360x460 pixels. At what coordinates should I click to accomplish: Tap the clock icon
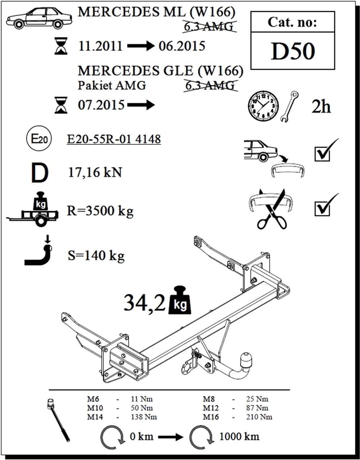(263, 106)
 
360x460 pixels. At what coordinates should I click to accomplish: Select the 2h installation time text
(321, 107)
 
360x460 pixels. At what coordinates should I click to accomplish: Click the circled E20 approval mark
(39, 139)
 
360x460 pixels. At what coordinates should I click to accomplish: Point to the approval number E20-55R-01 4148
(114, 139)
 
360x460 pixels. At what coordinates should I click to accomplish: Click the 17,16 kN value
(95, 172)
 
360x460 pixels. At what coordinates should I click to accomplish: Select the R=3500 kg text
(100, 211)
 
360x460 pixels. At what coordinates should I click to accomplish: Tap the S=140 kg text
(96, 255)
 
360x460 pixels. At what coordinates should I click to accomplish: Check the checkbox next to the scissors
(322, 209)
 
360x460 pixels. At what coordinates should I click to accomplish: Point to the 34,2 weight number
(144, 303)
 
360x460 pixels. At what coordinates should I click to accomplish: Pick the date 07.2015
(101, 105)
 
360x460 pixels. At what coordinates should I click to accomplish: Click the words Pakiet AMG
(112, 85)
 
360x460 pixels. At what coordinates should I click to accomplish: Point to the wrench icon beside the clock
(289, 107)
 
